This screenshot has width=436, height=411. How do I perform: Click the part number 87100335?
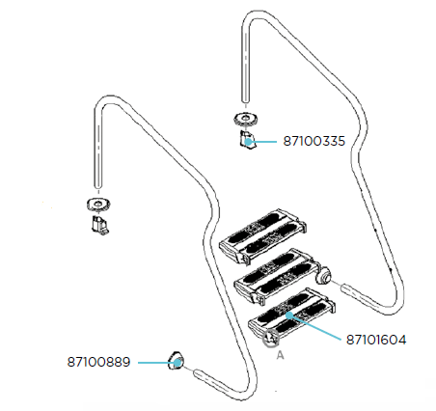pos(313,141)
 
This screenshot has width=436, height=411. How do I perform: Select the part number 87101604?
pos(376,340)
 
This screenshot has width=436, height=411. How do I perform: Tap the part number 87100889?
pos(98,362)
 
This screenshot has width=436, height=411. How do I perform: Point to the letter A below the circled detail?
pos(281,355)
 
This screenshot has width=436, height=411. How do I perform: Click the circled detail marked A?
pos(270,339)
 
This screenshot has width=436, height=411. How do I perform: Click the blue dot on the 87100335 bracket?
pos(248,142)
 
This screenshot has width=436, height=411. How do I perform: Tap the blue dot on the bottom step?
pos(289,315)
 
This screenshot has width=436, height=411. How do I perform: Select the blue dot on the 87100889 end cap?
pos(177,363)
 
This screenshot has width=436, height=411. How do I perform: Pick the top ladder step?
pos(262,237)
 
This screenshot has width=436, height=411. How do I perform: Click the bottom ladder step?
pos(292,315)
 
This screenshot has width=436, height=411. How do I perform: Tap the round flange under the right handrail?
pos(246,118)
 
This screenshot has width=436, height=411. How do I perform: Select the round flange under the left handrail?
pos(98,204)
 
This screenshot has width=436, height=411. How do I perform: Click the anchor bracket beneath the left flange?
pos(99,225)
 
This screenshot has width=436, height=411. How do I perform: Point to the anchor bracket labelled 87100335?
pos(247,140)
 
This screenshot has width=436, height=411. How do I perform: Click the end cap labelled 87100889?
pos(176,361)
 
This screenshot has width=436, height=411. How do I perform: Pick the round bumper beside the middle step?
pos(323,276)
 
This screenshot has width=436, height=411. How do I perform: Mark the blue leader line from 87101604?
pos(315,327)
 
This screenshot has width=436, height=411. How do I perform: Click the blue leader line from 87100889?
pos(157,363)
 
